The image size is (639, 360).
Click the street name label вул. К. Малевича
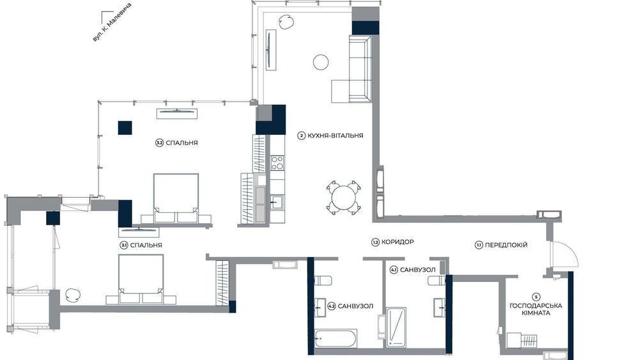pos(112,22)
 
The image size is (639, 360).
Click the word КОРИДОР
pos(397,242)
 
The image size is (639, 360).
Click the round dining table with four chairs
pos(344,198)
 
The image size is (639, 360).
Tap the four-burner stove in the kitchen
pos(277,162)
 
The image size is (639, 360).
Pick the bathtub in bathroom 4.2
pos(336,338)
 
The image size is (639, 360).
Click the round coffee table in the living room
pos(321,62)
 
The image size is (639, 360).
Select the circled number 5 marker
pos(536,297)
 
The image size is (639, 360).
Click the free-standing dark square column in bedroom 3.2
pos(125,128)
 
